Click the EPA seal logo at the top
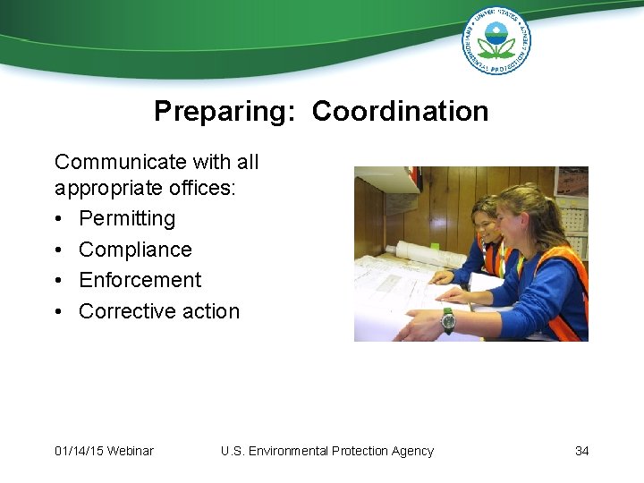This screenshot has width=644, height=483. tap(496, 40)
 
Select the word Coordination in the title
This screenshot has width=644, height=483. tap(400, 111)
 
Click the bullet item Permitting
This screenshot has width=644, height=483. tap(127, 218)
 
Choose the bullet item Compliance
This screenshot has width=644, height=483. tap(135, 250)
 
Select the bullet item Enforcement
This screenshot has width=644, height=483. tap(140, 280)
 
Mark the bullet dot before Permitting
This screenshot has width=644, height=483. tap(59, 219)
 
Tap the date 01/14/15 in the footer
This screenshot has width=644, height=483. tap(78, 451)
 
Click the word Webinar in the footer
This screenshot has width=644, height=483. tap(130, 451)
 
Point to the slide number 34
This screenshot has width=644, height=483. tap(581, 451)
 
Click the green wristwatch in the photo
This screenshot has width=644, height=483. tap(447, 318)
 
